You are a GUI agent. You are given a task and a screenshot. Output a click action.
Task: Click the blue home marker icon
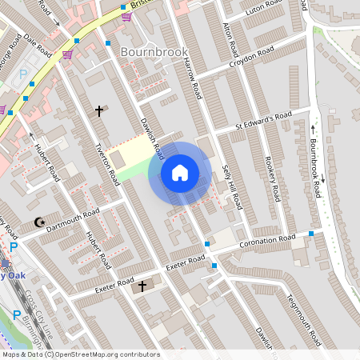pyautogui.click(x=180, y=172)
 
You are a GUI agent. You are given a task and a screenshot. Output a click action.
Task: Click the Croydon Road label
pyautogui.click(x=252, y=57)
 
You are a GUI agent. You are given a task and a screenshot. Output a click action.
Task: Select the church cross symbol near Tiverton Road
pyautogui.click(x=99, y=110)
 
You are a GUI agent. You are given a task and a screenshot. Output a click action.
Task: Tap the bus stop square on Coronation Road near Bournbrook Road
pyautogui.click(x=311, y=234)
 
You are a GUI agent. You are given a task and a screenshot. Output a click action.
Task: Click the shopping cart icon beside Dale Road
pyautogui.click(x=68, y=54)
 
